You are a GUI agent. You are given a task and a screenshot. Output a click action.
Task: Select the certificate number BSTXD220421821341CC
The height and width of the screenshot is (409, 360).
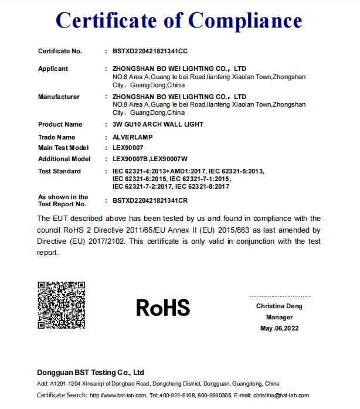[x=150, y=52]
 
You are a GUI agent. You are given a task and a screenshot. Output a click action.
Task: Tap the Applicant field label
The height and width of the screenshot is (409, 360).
[x=53, y=69]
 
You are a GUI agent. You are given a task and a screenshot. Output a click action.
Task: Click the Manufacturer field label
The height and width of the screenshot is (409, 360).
[x=59, y=97]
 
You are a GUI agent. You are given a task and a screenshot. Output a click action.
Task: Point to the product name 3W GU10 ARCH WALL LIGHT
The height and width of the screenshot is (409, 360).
[x=158, y=124]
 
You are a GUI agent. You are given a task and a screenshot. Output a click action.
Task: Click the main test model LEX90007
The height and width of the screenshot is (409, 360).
[x=128, y=148]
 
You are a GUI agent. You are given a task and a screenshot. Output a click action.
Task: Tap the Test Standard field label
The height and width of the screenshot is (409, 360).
[x=59, y=171]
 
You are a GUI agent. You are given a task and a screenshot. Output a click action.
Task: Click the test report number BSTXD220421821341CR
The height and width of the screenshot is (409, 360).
[x=150, y=200]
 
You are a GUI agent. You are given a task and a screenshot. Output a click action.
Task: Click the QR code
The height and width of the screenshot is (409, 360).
[x=62, y=305]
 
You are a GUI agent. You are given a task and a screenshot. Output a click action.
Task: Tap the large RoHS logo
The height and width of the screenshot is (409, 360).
[x=163, y=308]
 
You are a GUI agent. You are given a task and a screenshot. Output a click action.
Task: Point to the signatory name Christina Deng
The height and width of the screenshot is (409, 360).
[x=279, y=306]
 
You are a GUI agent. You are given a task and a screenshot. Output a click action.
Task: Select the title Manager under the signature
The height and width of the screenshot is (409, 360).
[x=279, y=317]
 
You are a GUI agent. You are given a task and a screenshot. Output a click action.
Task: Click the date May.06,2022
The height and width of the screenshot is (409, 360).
[x=279, y=328]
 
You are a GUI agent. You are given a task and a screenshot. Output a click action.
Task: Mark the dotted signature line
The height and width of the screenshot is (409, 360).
[x=279, y=296]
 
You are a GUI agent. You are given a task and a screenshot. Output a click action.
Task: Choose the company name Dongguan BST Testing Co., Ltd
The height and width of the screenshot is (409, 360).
[x=90, y=372]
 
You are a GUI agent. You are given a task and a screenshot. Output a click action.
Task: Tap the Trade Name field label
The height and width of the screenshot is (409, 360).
[x=56, y=137]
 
